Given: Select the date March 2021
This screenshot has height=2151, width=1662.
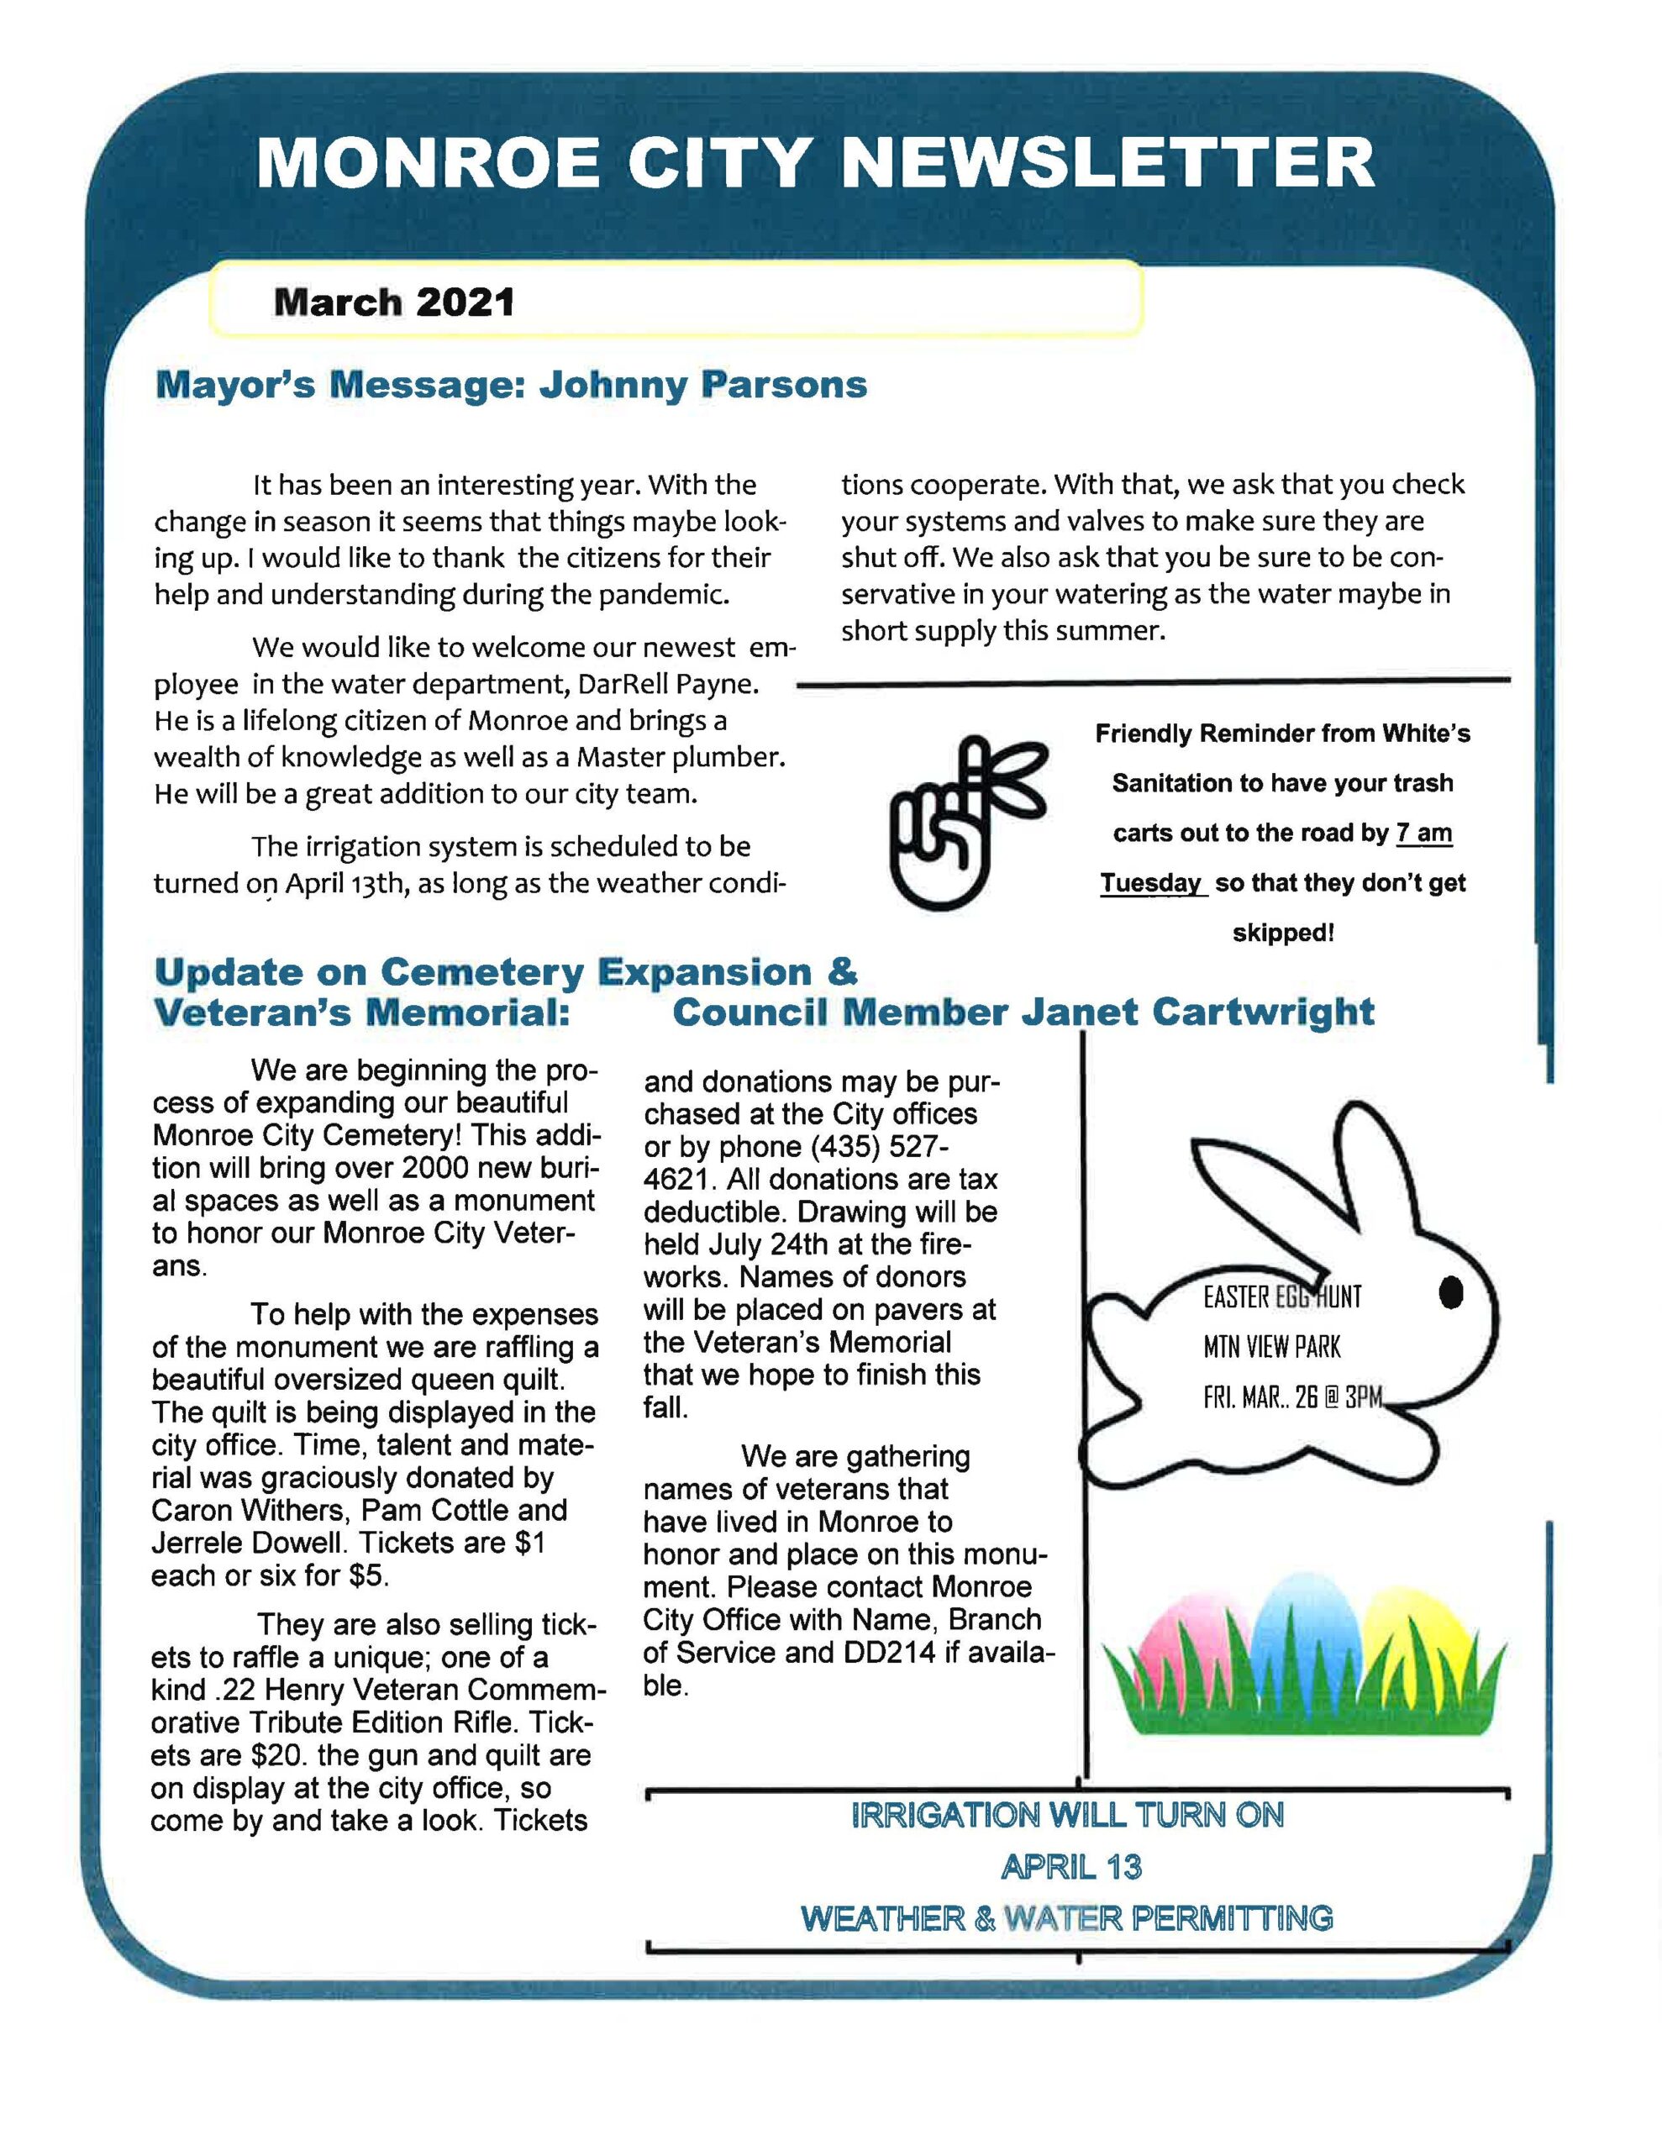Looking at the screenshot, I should tap(394, 302).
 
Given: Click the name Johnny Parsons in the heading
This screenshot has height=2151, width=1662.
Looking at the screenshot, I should tap(702, 384).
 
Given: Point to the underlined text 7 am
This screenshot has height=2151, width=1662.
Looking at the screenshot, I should tap(1423, 834).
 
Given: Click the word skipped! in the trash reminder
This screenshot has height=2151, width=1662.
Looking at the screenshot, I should tap(1283, 933).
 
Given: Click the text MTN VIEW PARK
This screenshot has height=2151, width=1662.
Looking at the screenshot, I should tap(1271, 1346).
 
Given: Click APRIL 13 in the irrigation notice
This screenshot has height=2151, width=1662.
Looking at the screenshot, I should tap(1071, 1866).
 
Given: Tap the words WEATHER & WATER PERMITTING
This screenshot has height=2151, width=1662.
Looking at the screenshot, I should tap(1067, 1917).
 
